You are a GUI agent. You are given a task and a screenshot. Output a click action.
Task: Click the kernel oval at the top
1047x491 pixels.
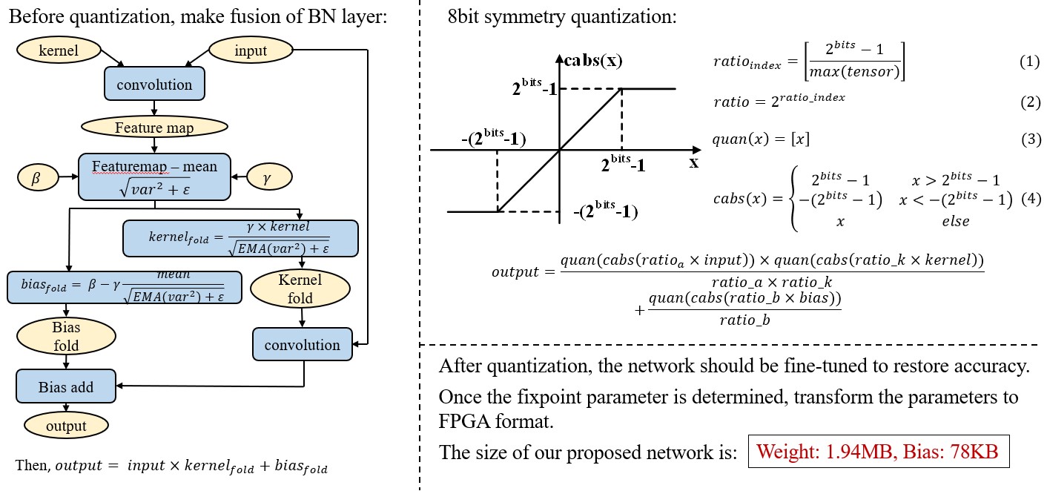(58, 50)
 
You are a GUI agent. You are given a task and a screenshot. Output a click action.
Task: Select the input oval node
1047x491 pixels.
(251, 50)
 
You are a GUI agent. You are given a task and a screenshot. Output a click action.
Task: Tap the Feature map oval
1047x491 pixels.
(154, 128)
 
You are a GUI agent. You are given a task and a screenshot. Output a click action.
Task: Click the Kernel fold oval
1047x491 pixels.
(300, 289)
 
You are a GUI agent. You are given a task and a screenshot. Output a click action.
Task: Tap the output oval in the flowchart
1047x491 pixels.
(66, 426)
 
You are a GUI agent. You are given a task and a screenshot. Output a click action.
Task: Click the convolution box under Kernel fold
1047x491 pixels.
(302, 345)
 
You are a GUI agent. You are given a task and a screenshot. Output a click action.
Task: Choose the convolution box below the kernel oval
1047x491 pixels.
(154, 85)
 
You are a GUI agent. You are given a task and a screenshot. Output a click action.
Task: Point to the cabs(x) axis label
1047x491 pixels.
(593, 61)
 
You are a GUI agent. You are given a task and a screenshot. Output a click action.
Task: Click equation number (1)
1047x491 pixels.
(1030, 62)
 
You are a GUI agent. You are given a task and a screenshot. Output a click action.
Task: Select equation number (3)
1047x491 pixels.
(1030, 139)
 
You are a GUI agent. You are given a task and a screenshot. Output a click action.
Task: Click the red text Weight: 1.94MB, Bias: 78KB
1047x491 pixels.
(878, 452)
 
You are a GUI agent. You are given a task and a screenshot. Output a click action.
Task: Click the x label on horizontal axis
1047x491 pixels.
(694, 162)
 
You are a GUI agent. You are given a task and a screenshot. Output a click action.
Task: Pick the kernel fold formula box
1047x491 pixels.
(240, 237)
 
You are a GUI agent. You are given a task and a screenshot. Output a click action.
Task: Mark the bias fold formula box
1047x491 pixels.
(125, 287)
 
